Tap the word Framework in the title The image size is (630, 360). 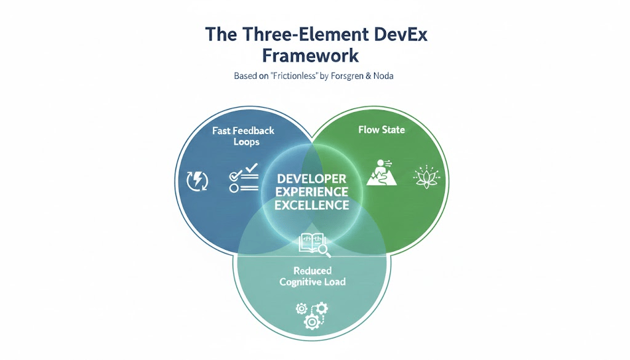(x=310, y=55)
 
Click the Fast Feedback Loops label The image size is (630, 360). (x=243, y=136)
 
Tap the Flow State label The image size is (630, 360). (x=382, y=130)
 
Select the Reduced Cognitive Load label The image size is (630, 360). (x=312, y=276)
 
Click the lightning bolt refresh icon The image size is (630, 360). (x=197, y=180)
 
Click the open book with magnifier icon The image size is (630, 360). (x=314, y=244)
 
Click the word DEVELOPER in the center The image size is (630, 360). (x=312, y=178)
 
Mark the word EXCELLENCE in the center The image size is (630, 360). (x=312, y=205)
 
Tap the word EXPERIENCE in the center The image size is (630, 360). (x=312, y=191)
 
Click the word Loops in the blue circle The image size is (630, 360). (x=246, y=142)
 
